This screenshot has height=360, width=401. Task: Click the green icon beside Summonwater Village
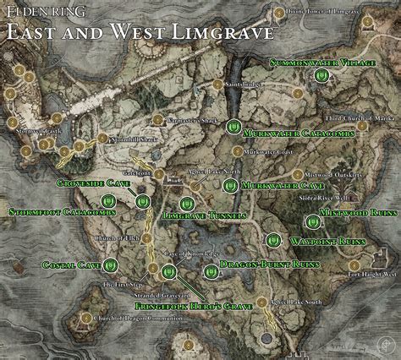(321, 77)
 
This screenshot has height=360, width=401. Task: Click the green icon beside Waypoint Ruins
(272, 240)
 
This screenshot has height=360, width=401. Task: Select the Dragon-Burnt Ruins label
(264, 265)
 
